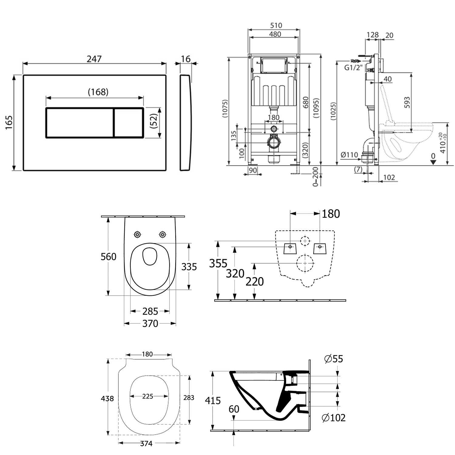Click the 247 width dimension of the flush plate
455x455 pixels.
pos(94,59)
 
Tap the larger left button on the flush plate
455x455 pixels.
pos(79,123)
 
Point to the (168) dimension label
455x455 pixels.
pos(98,92)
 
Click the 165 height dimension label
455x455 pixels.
pos(9,123)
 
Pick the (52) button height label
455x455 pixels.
pos(154,121)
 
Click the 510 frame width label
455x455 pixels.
pos(275,25)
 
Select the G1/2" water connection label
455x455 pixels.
pos(353,68)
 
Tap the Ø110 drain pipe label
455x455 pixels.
pos(349,155)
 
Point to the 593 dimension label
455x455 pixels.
pos(407,103)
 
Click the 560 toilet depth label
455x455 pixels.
pos(108,257)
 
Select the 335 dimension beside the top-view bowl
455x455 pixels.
pos(189,267)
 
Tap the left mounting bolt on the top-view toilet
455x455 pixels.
pos(138,234)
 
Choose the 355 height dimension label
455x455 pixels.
pos(218,263)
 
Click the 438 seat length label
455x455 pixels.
pos(107,398)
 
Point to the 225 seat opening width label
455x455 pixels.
pos(148,396)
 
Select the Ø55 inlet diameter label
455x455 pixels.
pos(334,359)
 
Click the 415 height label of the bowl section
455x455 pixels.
pos(213,401)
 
